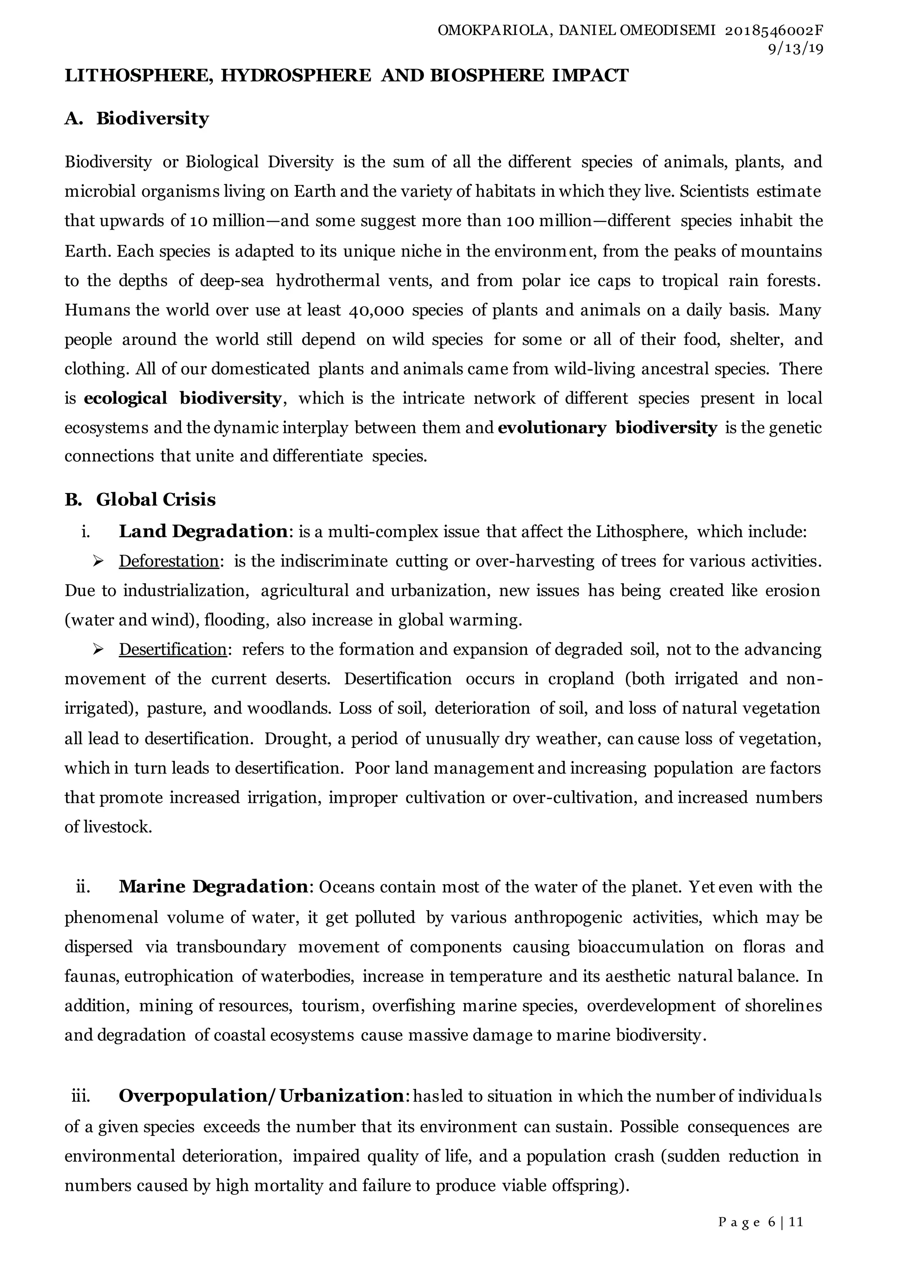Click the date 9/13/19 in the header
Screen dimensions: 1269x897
tap(795, 49)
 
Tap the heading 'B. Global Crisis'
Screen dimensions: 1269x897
tap(140, 499)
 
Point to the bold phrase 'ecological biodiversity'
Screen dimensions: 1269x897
tap(182, 398)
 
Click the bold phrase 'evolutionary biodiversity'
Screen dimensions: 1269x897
tap(607, 427)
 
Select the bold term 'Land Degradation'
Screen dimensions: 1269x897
tap(203, 531)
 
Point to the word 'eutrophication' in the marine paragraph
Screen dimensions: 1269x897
tap(178, 976)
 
